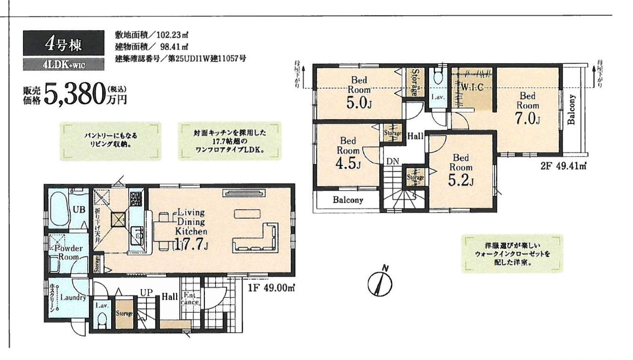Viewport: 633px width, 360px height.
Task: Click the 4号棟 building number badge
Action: point(63,44)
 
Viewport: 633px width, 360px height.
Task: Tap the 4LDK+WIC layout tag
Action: point(63,65)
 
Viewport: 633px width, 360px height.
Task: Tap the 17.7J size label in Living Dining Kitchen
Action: point(191,244)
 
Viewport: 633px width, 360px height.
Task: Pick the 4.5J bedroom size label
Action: point(349,164)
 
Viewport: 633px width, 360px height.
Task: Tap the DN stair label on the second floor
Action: point(393,162)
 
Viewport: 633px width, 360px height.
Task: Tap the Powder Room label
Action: point(69,253)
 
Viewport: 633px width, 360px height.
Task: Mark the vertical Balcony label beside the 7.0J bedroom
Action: point(572,109)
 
